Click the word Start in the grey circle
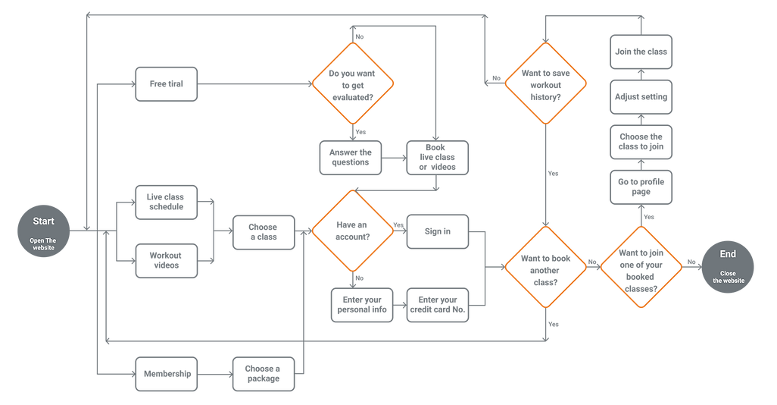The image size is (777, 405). [42, 221]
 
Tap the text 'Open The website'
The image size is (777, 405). [42, 243]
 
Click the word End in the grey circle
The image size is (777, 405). [727, 255]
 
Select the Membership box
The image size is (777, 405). [166, 372]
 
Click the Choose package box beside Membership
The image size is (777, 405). [263, 372]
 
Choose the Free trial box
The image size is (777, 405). [166, 83]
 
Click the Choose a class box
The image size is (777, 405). [263, 232]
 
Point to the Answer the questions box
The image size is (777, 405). [350, 157]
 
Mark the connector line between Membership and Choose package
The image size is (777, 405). [214, 372]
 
